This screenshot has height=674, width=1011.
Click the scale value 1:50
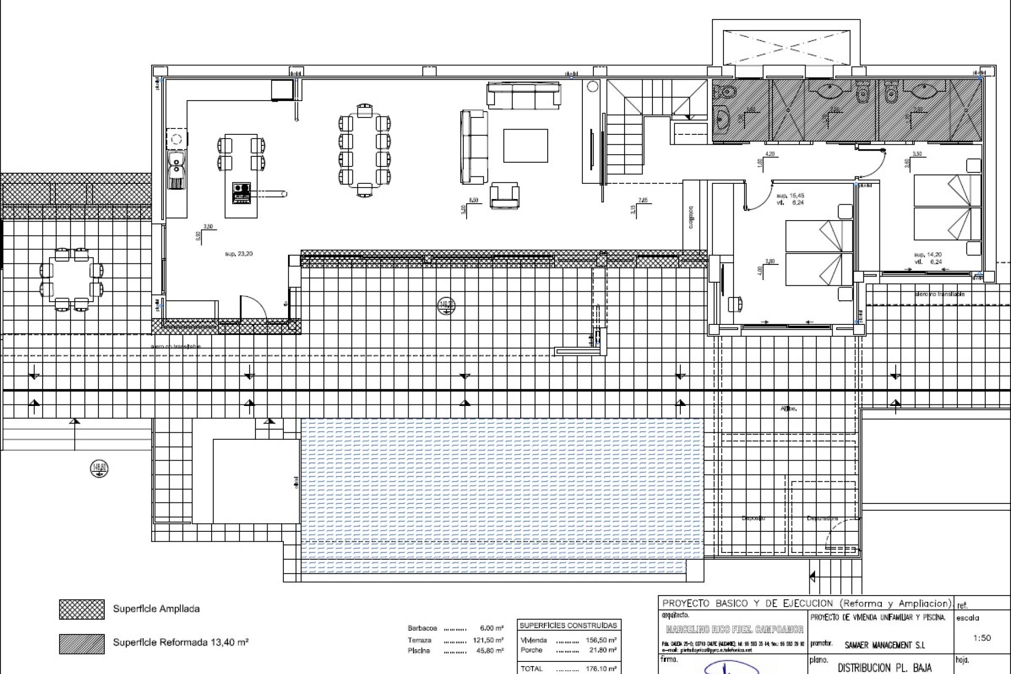pos(982,638)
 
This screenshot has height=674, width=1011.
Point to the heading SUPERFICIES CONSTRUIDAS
pos(568,626)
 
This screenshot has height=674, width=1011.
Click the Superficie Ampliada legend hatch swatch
pos(82,609)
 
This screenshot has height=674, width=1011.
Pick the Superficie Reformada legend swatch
pos(82,643)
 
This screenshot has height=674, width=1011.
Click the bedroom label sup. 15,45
pos(790,196)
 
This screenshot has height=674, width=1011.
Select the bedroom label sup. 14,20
pos(928,255)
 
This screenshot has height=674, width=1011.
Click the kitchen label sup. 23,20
pos(239,254)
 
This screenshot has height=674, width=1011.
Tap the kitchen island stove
pos(242,193)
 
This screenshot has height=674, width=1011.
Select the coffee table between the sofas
pos(525,145)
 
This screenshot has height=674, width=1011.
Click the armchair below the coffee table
pos(504,196)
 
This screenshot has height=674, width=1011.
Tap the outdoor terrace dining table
pos(71,279)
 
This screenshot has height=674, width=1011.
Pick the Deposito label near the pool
pos(753,518)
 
